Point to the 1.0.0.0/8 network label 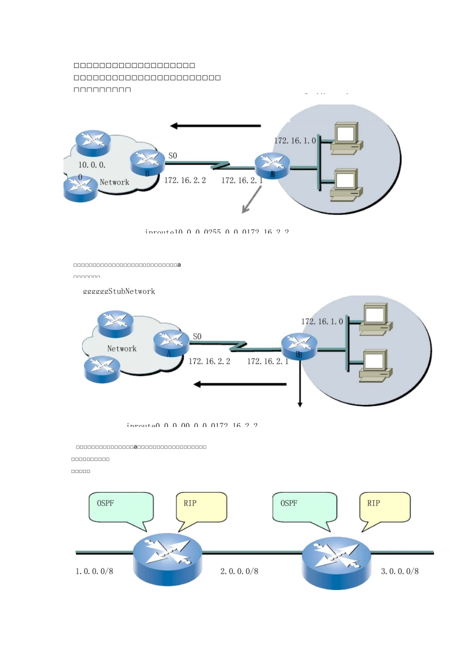[x=94, y=571]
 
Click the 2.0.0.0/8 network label [x=239, y=571]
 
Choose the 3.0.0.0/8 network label [x=399, y=571]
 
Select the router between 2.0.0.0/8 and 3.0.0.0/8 [x=336, y=562]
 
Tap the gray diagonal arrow [x=251, y=200]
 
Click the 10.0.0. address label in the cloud [x=92, y=164]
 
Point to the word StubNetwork [x=131, y=291]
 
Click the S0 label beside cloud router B [x=172, y=155]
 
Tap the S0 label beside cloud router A [x=197, y=336]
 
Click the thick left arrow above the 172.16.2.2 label [x=215, y=125]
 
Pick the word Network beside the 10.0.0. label [x=114, y=182]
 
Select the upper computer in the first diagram [x=346, y=136]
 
